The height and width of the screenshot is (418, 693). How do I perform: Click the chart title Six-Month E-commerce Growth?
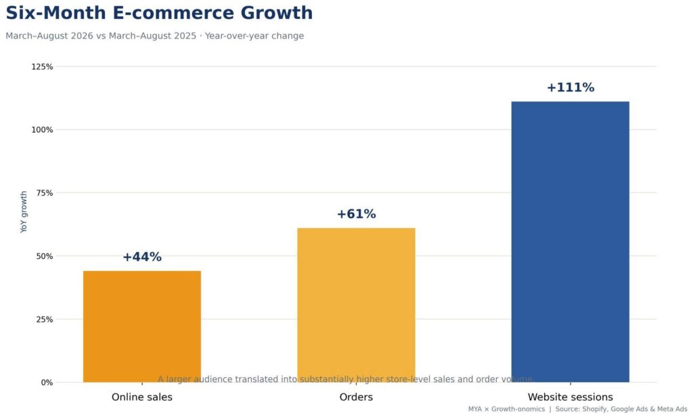click(159, 13)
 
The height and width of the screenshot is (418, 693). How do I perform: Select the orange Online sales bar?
click(142, 327)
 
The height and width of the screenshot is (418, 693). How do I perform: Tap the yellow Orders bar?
click(356, 306)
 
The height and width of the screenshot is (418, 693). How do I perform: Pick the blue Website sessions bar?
click(570, 242)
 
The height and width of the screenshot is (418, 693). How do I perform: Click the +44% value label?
click(142, 257)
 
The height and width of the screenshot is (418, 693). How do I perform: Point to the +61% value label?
click(356, 214)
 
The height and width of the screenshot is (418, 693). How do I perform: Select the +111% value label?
click(570, 87)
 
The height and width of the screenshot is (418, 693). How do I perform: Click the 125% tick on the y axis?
click(42, 67)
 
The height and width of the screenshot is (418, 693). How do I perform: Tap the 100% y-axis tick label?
click(42, 130)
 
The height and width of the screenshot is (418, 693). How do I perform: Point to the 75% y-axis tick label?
click(44, 193)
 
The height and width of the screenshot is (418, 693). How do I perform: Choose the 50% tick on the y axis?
click(44, 257)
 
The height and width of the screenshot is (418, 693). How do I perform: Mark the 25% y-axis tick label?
click(44, 320)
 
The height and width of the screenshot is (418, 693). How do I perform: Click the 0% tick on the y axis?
click(47, 383)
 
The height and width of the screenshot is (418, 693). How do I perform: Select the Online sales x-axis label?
click(142, 397)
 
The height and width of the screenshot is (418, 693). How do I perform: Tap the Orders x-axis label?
click(356, 397)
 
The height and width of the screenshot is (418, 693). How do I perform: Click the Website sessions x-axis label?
click(570, 397)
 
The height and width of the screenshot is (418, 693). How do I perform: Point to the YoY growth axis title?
click(24, 212)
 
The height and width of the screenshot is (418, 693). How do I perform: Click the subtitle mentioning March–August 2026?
click(155, 36)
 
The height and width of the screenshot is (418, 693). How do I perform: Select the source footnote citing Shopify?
click(578, 409)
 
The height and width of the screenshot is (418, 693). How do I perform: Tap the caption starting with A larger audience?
click(346, 379)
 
